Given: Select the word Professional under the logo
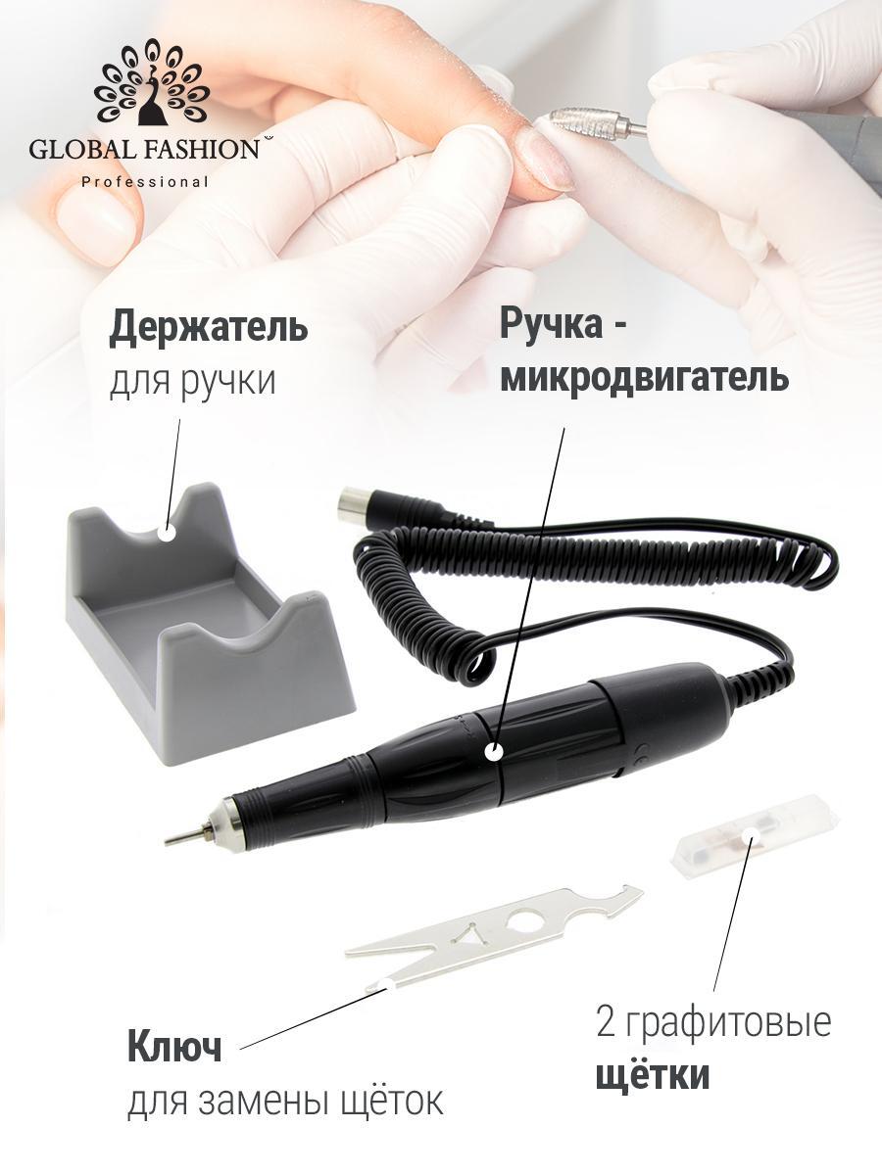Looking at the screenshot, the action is (145, 182).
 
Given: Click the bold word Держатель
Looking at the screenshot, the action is (209, 328).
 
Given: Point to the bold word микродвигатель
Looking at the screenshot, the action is (644, 377).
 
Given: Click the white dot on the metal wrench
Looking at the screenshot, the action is (384, 983).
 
